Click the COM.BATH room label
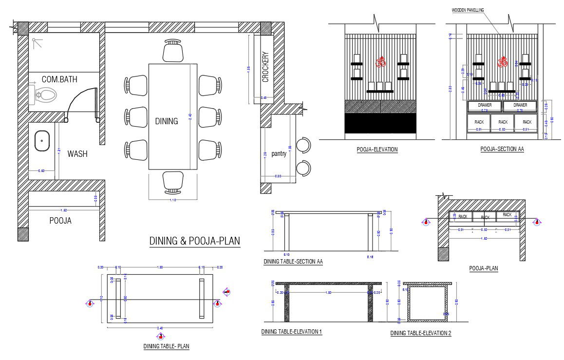click(59, 79)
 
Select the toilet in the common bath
click(43, 94)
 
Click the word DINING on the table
click(167, 121)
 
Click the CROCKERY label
click(265, 67)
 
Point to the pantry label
click(278, 153)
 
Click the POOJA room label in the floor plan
click(60, 221)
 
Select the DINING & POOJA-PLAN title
click(194, 241)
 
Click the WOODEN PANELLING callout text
click(468, 10)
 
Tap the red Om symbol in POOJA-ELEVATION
click(380, 62)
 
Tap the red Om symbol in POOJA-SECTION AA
click(502, 62)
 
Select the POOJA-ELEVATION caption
click(377, 150)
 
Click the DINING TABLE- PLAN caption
click(166, 346)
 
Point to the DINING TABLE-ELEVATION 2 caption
click(421, 333)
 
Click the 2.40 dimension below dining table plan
click(160, 329)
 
